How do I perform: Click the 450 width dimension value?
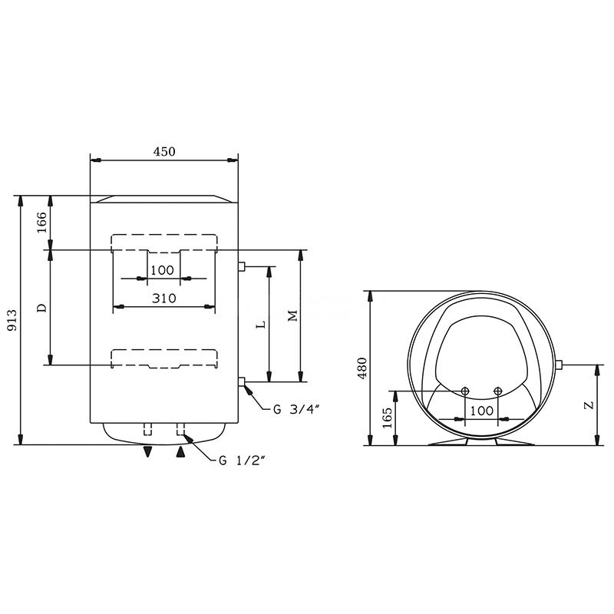click(164, 151)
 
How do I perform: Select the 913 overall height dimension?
click(12, 320)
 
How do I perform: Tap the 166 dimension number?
click(41, 223)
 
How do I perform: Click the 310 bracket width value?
click(164, 299)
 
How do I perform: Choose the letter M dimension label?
click(292, 315)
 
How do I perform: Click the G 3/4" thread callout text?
click(297, 410)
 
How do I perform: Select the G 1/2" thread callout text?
click(243, 460)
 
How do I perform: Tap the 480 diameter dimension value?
click(363, 368)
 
